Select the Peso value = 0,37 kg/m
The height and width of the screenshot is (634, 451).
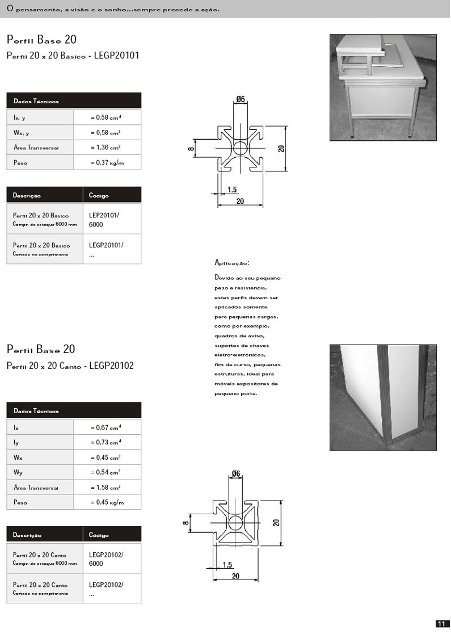click(107, 163)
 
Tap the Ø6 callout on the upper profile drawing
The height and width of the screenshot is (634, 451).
click(241, 99)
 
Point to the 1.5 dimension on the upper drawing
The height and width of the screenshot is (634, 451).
click(232, 190)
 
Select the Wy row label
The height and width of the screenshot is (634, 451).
click(18, 472)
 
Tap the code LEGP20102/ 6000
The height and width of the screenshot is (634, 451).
click(106, 559)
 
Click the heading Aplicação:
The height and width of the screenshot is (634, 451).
click(232, 263)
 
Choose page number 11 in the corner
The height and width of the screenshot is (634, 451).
click(442, 624)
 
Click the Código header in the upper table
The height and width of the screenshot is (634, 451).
click(99, 196)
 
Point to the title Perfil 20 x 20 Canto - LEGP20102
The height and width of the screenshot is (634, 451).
click(70, 366)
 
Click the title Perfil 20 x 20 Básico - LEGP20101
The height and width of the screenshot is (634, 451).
click(73, 56)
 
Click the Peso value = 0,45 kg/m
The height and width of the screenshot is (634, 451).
click(107, 502)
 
